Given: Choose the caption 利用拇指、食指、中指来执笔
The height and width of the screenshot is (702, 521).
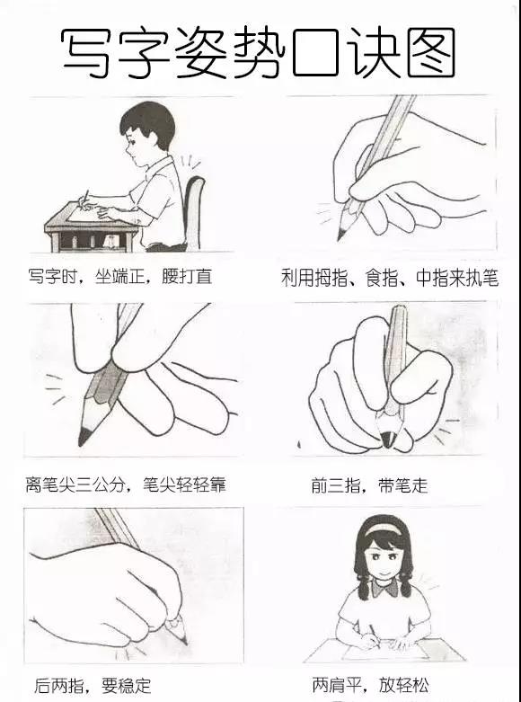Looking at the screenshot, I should tap(389, 278).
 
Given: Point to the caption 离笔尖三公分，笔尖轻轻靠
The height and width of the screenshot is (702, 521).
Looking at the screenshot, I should tap(126, 485).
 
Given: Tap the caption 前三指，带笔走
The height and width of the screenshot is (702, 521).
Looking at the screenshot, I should tap(369, 486).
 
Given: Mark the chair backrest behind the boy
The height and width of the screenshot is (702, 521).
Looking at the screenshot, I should tap(194, 207).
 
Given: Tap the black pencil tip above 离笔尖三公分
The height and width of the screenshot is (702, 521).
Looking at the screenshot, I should tap(84, 437).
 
